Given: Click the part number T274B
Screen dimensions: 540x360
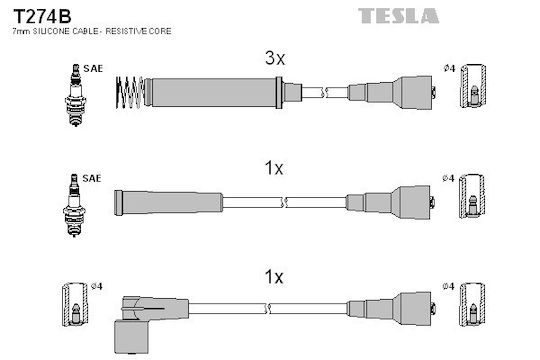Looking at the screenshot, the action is pyautogui.click(x=42, y=16).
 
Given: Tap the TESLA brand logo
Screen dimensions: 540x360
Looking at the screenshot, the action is pyautogui.click(x=398, y=16).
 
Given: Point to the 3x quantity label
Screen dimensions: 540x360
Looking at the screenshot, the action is pyautogui.click(x=275, y=58).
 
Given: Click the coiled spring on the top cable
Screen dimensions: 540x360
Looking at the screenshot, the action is pyautogui.click(x=129, y=92).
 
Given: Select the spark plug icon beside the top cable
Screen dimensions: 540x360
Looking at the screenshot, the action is pyautogui.click(x=75, y=95).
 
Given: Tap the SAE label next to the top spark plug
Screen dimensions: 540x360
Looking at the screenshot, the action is pyautogui.click(x=93, y=69).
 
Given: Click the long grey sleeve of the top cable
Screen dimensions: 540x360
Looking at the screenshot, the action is pyautogui.click(x=214, y=92).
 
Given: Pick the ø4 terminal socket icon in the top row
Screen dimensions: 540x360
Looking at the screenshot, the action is pyautogui.click(x=474, y=86).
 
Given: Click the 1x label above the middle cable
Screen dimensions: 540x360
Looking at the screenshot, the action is pyautogui.click(x=274, y=168).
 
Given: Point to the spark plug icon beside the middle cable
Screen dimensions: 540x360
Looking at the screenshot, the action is pyautogui.click(x=74, y=205).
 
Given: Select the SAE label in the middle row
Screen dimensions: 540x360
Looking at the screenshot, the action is pyautogui.click(x=92, y=178).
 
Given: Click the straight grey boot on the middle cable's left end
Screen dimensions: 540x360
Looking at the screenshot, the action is pyautogui.click(x=168, y=203).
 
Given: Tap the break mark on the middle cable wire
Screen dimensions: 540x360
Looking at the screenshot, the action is pyautogui.click(x=284, y=203).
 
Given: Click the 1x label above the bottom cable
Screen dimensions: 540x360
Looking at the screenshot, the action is pyautogui.click(x=274, y=277).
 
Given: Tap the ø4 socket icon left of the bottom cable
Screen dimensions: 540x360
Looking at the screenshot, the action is pyautogui.click(x=75, y=305).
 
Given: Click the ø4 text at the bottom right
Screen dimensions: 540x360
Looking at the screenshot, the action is pyautogui.click(x=448, y=286).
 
